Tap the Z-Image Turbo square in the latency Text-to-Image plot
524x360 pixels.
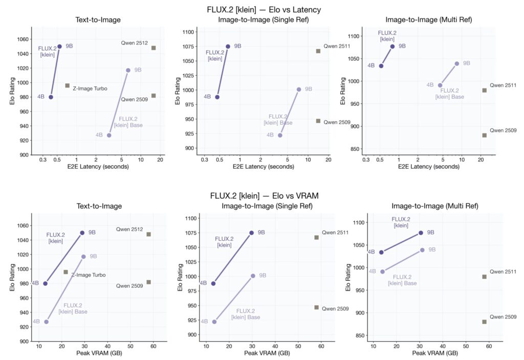tap(67, 85)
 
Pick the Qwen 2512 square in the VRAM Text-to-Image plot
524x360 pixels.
tap(148, 234)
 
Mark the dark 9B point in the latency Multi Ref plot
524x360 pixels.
tap(392, 47)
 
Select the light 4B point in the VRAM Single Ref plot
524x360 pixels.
tap(214, 322)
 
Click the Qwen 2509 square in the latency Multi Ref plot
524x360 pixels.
tap(484, 135)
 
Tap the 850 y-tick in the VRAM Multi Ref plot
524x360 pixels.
tap(357, 335)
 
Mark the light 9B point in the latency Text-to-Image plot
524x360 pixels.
tap(128, 70)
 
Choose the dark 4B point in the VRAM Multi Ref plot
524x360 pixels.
tap(381, 252)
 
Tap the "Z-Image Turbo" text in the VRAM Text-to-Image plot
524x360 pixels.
tap(89, 275)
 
